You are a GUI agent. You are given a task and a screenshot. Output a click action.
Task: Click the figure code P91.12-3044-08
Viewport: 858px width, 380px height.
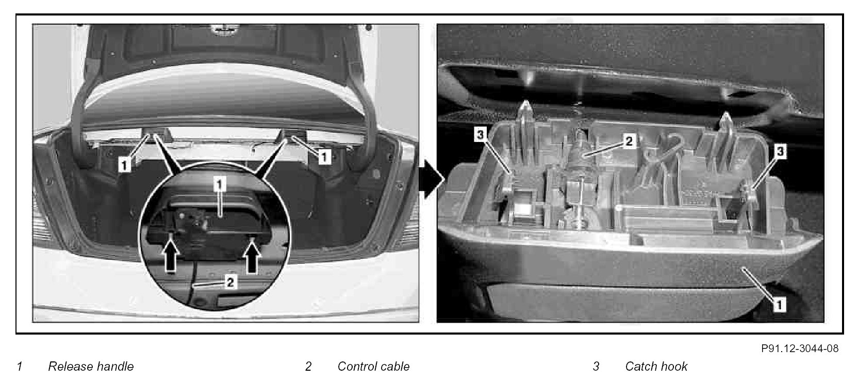click(800, 348)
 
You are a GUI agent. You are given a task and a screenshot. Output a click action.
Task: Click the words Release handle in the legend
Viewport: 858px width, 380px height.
click(91, 367)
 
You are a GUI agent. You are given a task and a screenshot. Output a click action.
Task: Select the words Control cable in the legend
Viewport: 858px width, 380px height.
click(373, 367)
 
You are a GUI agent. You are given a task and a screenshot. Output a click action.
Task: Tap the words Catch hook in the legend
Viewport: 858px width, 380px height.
click(656, 367)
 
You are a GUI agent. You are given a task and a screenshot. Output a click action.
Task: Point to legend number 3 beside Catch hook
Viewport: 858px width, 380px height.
click(596, 367)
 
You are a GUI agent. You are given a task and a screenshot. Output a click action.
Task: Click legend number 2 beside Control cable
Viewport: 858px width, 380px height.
click(308, 367)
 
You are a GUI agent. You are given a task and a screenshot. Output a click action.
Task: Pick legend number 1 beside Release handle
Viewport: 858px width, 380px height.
click(20, 367)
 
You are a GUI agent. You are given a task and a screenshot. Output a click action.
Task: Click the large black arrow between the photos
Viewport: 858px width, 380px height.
click(432, 179)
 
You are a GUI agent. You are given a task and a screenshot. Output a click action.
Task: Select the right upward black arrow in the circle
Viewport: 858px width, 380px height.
click(252, 259)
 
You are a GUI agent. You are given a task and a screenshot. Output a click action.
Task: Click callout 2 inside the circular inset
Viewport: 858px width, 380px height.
click(230, 282)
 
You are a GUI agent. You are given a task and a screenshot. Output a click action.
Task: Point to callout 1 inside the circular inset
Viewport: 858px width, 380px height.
click(219, 185)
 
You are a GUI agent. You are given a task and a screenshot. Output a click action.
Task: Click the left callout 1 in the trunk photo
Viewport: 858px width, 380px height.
click(124, 165)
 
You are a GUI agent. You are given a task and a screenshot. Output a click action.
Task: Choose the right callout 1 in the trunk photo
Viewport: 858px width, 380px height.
click(324, 156)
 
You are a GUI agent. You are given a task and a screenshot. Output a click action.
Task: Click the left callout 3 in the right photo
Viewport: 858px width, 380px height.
click(481, 134)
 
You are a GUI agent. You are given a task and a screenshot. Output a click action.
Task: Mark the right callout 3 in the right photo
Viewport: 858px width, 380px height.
click(780, 151)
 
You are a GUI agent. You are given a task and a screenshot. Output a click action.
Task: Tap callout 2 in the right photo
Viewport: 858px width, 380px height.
click(629, 141)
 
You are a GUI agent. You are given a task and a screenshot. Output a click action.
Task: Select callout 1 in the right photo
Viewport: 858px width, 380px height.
click(779, 305)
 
